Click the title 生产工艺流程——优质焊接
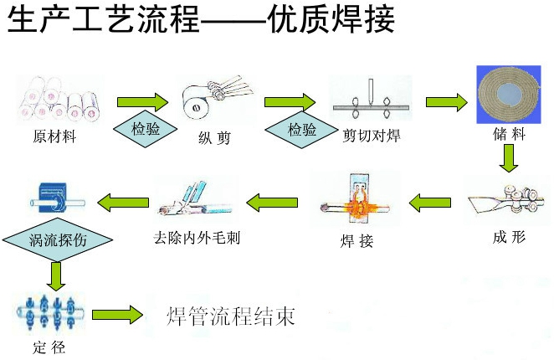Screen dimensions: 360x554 (x=201, y=19)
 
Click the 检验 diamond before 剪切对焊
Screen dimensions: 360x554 (x=301, y=130)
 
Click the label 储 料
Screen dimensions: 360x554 (x=510, y=136)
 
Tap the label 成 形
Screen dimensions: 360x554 (x=510, y=237)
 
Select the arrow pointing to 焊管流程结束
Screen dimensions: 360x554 (x=117, y=316)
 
